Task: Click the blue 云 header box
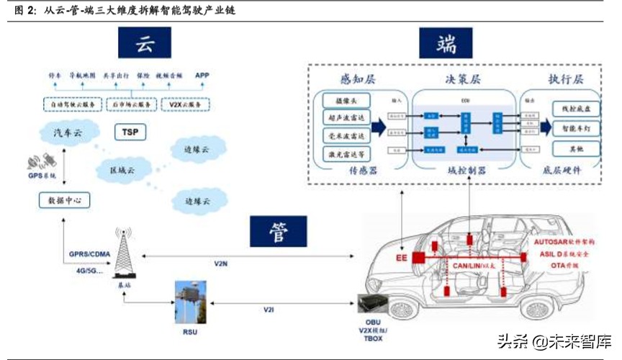coord(145,45)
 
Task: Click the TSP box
coord(130,132)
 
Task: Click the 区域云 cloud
coord(121,169)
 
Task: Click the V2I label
coord(268,309)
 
